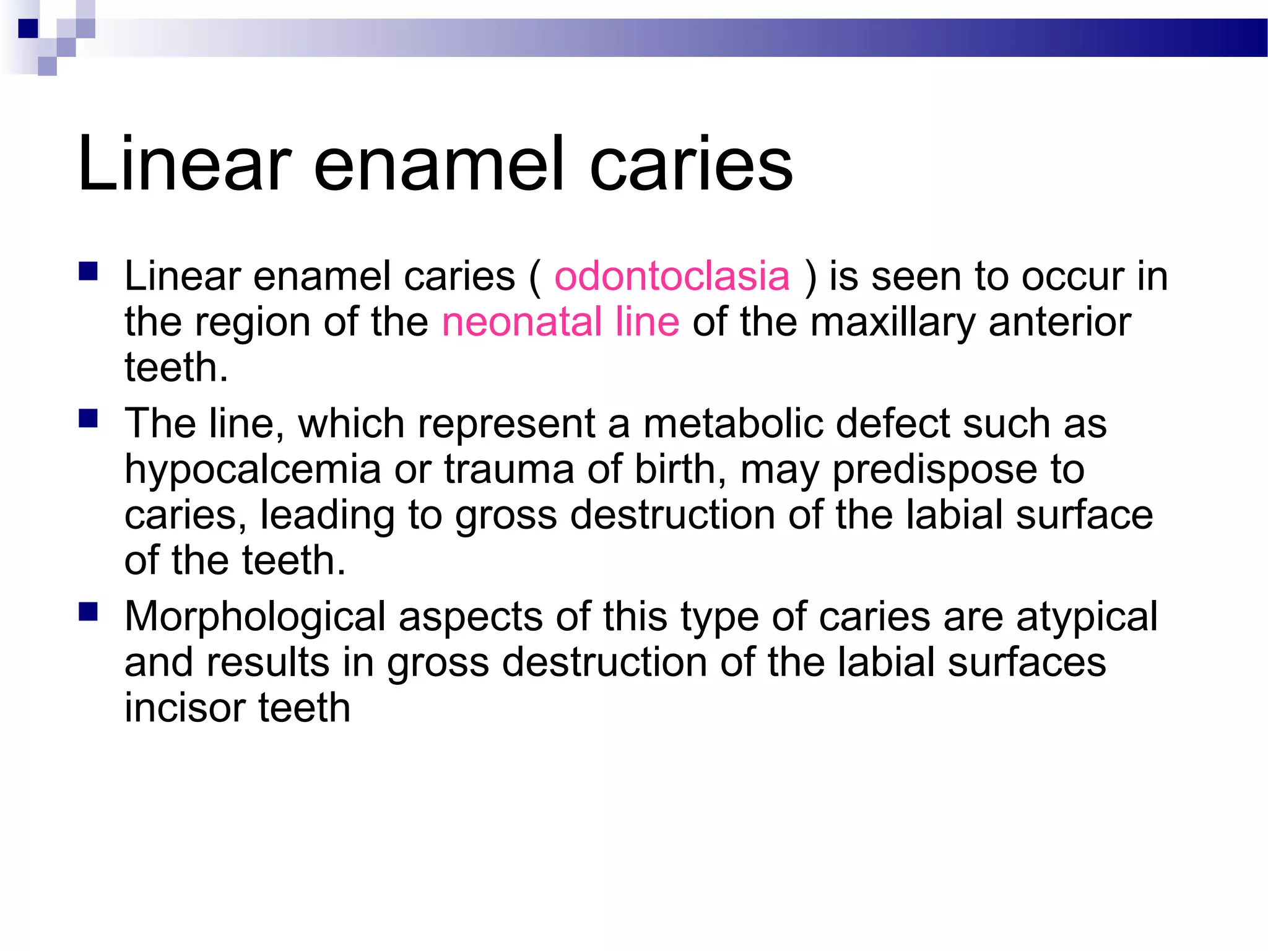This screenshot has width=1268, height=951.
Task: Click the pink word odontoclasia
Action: (672, 276)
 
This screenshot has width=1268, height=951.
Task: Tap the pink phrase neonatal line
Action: (560, 322)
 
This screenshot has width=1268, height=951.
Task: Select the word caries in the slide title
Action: (691, 164)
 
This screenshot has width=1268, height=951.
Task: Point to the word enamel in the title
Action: (439, 164)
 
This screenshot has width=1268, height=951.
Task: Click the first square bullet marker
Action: (89, 272)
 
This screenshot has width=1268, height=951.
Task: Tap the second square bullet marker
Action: (89, 419)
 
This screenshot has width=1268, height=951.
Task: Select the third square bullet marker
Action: (89, 612)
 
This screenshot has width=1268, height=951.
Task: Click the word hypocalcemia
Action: (253, 469)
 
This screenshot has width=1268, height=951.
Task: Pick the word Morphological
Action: (255, 617)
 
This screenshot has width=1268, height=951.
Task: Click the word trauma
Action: (509, 469)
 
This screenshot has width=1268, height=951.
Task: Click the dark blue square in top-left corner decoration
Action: (28, 28)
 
